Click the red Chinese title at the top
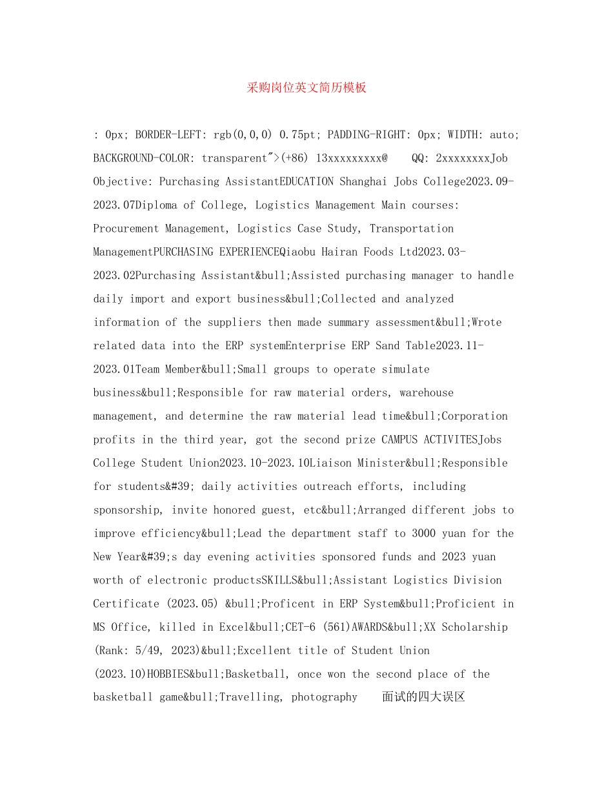[306, 88]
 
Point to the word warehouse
[427, 392]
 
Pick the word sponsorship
[129, 510]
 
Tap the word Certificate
[126, 604]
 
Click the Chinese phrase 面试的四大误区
[423, 697]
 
